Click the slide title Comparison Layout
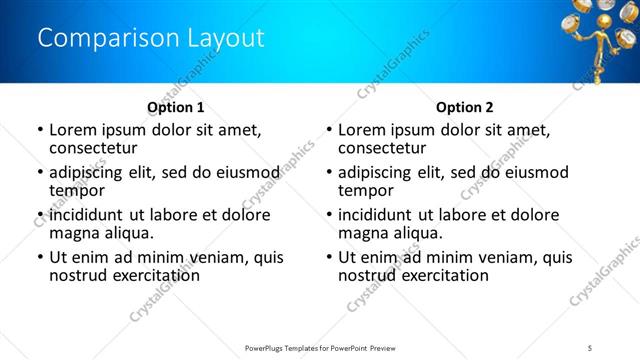pos(151,39)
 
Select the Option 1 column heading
pos(175,107)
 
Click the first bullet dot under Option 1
pos(39,130)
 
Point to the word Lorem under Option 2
pos(362,130)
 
